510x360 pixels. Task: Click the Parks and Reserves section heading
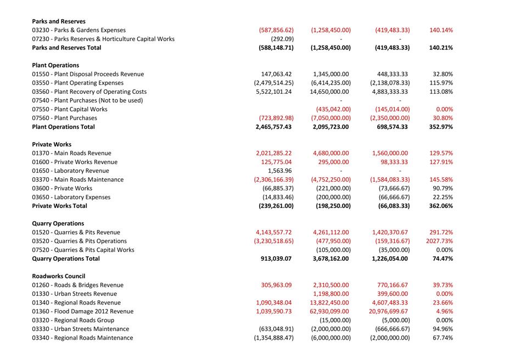pyautogui.click(x=59, y=21)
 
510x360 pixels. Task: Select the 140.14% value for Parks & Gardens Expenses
pyautogui.click(x=441, y=30)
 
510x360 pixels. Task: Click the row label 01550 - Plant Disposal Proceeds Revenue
pyautogui.click(x=88, y=74)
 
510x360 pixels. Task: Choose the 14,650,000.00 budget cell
pyautogui.click(x=330, y=92)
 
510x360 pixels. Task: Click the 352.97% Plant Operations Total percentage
pyautogui.click(x=441, y=127)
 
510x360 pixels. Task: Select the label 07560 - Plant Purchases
pyautogui.click(x=64, y=118)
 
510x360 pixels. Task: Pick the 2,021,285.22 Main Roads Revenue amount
pyautogui.click(x=274, y=153)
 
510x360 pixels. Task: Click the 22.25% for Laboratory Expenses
pyautogui.click(x=442, y=197)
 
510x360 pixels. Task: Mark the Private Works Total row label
pyautogui.click(x=59, y=206)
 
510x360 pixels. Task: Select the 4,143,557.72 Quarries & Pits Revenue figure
pyautogui.click(x=274, y=232)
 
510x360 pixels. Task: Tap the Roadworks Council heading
pyautogui.click(x=59, y=276)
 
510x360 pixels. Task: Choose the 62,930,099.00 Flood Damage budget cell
pyautogui.click(x=330, y=311)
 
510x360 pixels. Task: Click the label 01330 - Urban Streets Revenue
pyautogui.click(x=74, y=294)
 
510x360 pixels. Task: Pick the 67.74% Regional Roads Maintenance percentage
pyautogui.click(x=442, y=337)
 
